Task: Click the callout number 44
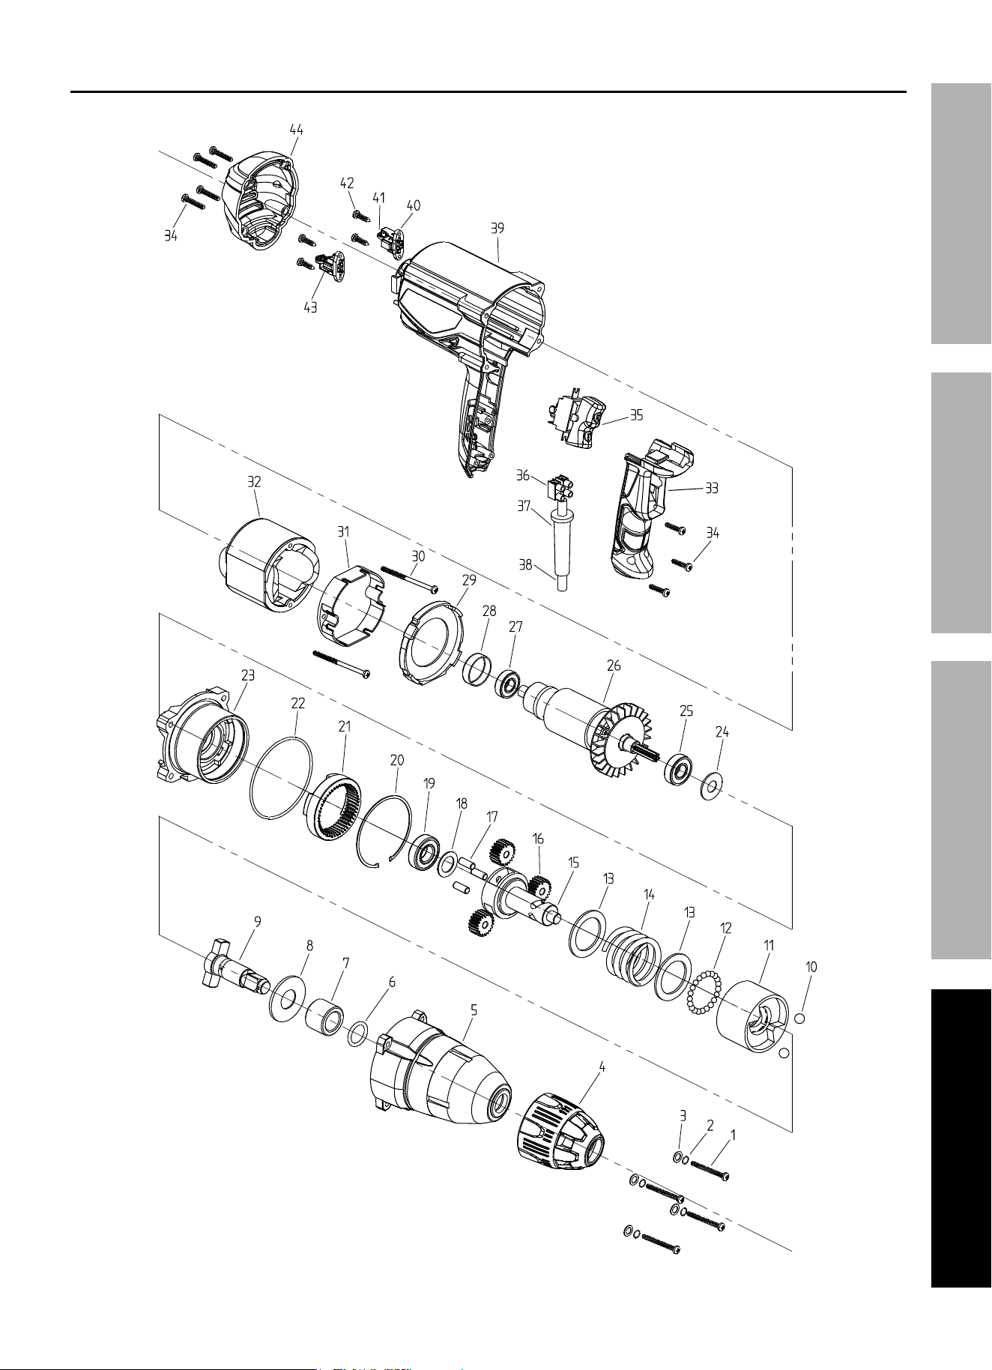(x=297, y=130)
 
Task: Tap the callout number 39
(x=497, y=229)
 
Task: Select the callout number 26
(x=614, y=666)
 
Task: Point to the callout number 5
(x=474, y=1010)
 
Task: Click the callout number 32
(x=255, y=482)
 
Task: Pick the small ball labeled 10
(x=799, y=1018)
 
